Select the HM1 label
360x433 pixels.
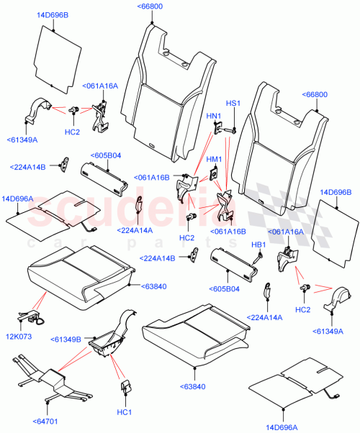point(215,159)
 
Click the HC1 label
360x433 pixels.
point(124,411)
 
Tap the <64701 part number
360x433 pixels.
point(45,421)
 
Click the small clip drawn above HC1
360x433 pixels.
point(124,388)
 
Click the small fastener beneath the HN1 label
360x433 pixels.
point(215,127)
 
